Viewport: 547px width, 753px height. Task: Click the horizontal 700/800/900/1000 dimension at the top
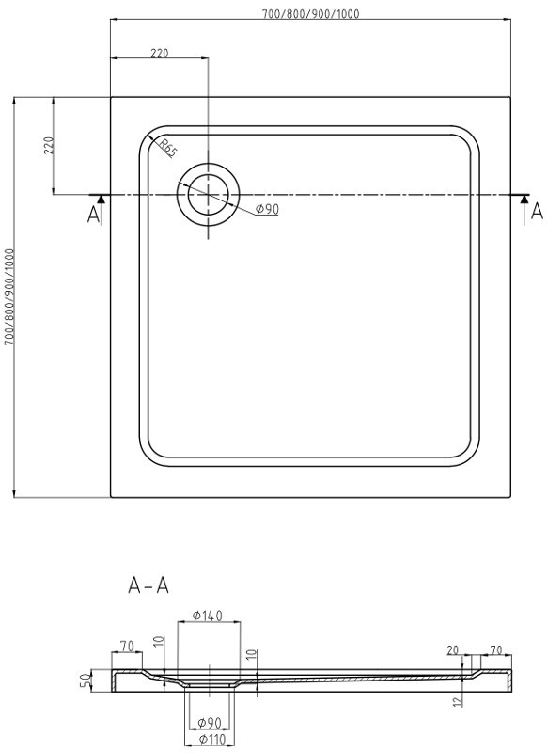click(311, 13)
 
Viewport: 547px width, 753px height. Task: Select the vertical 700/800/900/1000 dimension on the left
click(9, 296)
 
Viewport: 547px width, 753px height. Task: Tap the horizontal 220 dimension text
click(159, 53)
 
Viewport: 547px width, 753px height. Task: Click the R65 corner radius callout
click(166, 148)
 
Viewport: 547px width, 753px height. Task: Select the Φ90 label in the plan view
click(267, 209)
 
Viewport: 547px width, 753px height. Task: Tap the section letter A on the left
click(93, 216)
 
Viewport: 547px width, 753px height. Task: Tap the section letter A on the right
click(536, 212)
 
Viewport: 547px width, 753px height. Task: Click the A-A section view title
click(148, 585)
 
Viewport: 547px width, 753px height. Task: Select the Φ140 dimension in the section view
click(207, 616)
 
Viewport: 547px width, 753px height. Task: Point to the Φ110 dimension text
click(211, 741)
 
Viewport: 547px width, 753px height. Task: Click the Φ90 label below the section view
click(211, 723)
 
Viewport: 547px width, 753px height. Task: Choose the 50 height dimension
click(84, 681)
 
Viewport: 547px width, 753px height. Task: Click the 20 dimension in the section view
click(453, 649)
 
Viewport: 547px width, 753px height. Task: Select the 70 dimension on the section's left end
click(126, 647)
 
